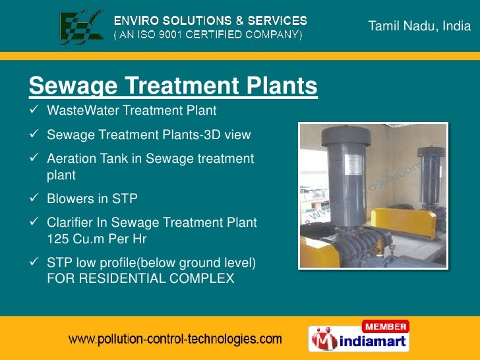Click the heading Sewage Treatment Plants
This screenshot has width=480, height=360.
173,86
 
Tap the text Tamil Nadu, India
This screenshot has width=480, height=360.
419,27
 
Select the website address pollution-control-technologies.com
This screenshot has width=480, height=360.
176,340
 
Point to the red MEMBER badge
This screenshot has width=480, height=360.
385,326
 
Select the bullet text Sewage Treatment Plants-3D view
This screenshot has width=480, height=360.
149,135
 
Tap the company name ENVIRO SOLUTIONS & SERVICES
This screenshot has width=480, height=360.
211,20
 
